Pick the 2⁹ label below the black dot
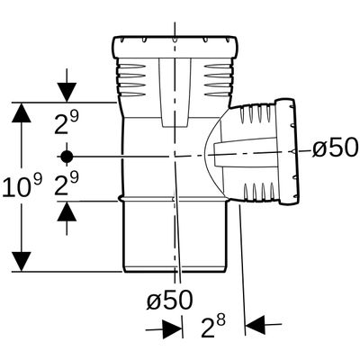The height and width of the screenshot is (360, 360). [x=67, y=184]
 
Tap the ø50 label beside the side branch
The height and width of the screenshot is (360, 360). [x=335, y=148]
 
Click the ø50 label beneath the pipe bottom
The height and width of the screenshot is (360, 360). [x=169, y=300]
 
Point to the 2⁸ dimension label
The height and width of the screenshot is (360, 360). [x=213, y=327]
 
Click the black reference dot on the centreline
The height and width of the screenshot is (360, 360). [x=67, y=157]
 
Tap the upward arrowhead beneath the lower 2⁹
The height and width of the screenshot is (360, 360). [x=67, y=211]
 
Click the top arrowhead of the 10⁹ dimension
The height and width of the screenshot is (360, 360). [x=22, y=112]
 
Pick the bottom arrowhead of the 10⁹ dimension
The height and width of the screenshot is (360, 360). [x=22, y=262]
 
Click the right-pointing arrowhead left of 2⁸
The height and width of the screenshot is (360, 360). [x=172, y=329]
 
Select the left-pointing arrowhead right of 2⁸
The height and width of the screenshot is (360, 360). [x=256, y=325]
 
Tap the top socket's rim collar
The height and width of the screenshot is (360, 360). [x=175, y=47]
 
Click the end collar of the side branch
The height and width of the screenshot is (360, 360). [x=287, y=151]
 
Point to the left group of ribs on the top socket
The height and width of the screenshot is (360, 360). [x=132, y=79]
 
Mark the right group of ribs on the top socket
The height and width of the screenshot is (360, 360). [x=219, y=79]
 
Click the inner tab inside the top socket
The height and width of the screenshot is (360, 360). [x=175, y=93]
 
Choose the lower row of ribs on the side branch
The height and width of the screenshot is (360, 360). [x=258, y=192]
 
